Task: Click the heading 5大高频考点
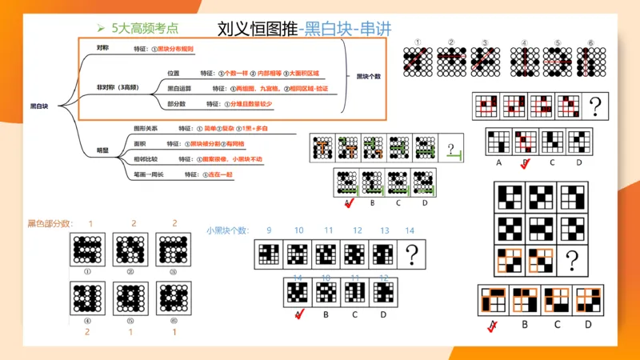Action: [x=144, y=28]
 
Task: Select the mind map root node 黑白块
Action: [x=38, y=105]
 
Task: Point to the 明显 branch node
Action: [x=102, y=150]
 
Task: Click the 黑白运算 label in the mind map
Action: [x=178, y=87]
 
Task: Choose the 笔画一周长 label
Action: [x=150, y=174]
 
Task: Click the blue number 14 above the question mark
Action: [x=410, y=230]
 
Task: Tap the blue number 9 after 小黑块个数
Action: [x=269, y=230]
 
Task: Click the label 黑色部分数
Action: [x=50, y=223]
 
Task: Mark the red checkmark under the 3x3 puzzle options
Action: [x=493, y=324]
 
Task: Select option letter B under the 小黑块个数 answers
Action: [x=326, y=314]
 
